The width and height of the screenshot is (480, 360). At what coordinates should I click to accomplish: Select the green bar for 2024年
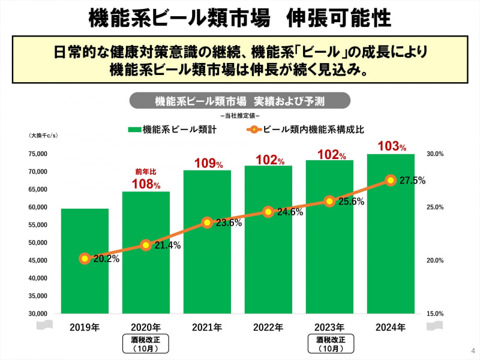391,234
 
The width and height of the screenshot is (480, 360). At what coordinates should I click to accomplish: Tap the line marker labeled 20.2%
85,259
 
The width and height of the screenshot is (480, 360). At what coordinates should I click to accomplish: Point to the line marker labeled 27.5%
391,180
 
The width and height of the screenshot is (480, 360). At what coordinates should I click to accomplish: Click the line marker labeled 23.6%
207,223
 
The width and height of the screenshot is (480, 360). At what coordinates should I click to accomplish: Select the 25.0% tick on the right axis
434,208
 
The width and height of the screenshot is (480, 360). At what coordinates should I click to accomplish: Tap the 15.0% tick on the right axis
434,314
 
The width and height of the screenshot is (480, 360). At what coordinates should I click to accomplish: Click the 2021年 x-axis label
207,328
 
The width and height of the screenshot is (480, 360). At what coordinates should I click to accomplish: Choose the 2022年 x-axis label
268,328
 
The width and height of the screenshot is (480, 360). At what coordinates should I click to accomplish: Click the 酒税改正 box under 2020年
146,344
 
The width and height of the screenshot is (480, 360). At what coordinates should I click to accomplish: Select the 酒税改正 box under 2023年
329,344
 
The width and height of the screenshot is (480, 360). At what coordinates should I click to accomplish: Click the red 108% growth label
146,184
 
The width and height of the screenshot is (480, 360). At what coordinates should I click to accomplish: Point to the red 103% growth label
391,146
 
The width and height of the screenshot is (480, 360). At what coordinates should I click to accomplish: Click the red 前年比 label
145,172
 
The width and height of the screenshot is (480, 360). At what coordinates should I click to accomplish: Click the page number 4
472,350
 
